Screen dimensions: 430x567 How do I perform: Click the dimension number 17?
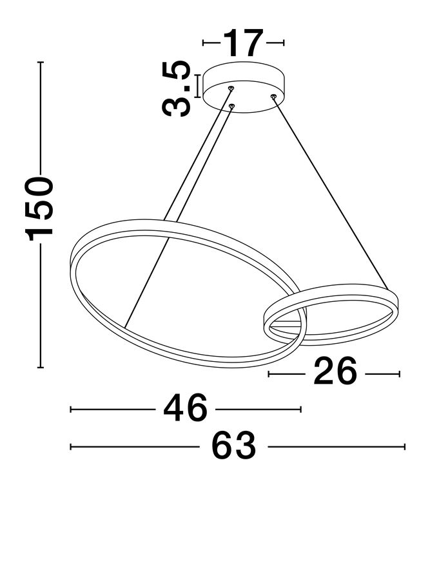tap(243, 43)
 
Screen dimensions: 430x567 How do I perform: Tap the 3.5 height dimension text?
tap(176, 89)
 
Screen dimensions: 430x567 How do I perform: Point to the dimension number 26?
tap(335, 371)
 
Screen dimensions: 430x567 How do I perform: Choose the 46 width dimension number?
tap(186, 408)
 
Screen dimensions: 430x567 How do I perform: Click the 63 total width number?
tap(234, 446)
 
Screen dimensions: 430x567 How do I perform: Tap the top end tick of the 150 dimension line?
tap(41, 63)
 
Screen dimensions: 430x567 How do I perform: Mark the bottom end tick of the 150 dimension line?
tap(41, 368)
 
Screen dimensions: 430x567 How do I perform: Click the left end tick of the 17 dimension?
tap(204, 43)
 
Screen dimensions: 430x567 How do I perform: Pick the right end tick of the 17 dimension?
tap(284, 43)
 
